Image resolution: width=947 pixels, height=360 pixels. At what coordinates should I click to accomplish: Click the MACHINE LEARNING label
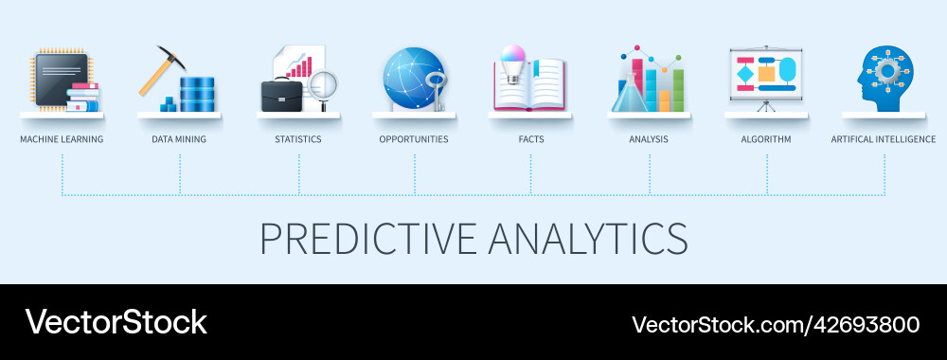62,139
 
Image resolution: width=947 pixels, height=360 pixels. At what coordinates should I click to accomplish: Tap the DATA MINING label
179,139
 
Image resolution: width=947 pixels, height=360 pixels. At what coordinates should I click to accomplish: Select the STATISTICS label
298,139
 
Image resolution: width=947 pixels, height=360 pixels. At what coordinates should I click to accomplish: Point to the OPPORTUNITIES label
414,139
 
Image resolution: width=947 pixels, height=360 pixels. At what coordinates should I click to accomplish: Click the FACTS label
530,139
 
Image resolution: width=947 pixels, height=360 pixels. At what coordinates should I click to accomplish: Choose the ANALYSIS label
649,139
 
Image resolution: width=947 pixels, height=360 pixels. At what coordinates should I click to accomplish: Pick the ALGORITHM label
766,139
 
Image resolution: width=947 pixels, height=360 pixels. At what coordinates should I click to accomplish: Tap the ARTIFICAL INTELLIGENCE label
884,139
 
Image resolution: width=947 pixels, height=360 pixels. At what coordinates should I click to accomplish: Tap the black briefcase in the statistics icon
281,95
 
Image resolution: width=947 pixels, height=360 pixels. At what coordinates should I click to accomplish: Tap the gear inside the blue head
886,71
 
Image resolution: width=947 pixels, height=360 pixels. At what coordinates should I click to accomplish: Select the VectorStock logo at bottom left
116,322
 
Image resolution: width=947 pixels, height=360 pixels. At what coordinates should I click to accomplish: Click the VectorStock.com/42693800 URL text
776,324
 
